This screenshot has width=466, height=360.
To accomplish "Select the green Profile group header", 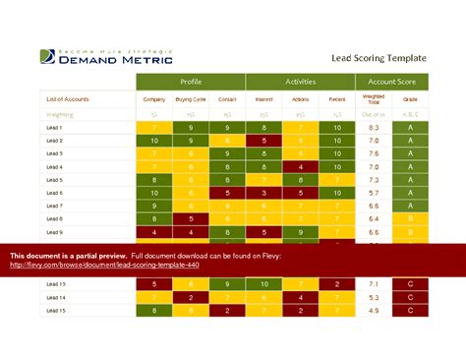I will click(190, 83).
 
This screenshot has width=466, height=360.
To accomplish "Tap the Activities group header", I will click(300, 83).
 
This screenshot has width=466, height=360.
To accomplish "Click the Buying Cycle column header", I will click(191, 99).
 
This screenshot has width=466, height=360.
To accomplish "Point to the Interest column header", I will click(264, 99).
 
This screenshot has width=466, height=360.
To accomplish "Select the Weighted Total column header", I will click(374, 100).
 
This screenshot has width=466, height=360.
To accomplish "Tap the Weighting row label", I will click(60, 114).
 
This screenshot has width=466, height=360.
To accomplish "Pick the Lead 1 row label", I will click(55, 128).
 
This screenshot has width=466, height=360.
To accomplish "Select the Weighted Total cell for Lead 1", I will click(374, 128).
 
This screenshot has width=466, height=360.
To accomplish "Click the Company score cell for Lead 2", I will click(153, 141).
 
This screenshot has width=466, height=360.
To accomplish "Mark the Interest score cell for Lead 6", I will click(264, 193).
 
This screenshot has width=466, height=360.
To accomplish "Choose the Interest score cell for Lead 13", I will click(264, 284).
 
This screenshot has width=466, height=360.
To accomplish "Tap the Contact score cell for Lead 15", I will click(227, 310).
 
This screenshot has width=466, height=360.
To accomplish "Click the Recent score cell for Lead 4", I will click(337, 167).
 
